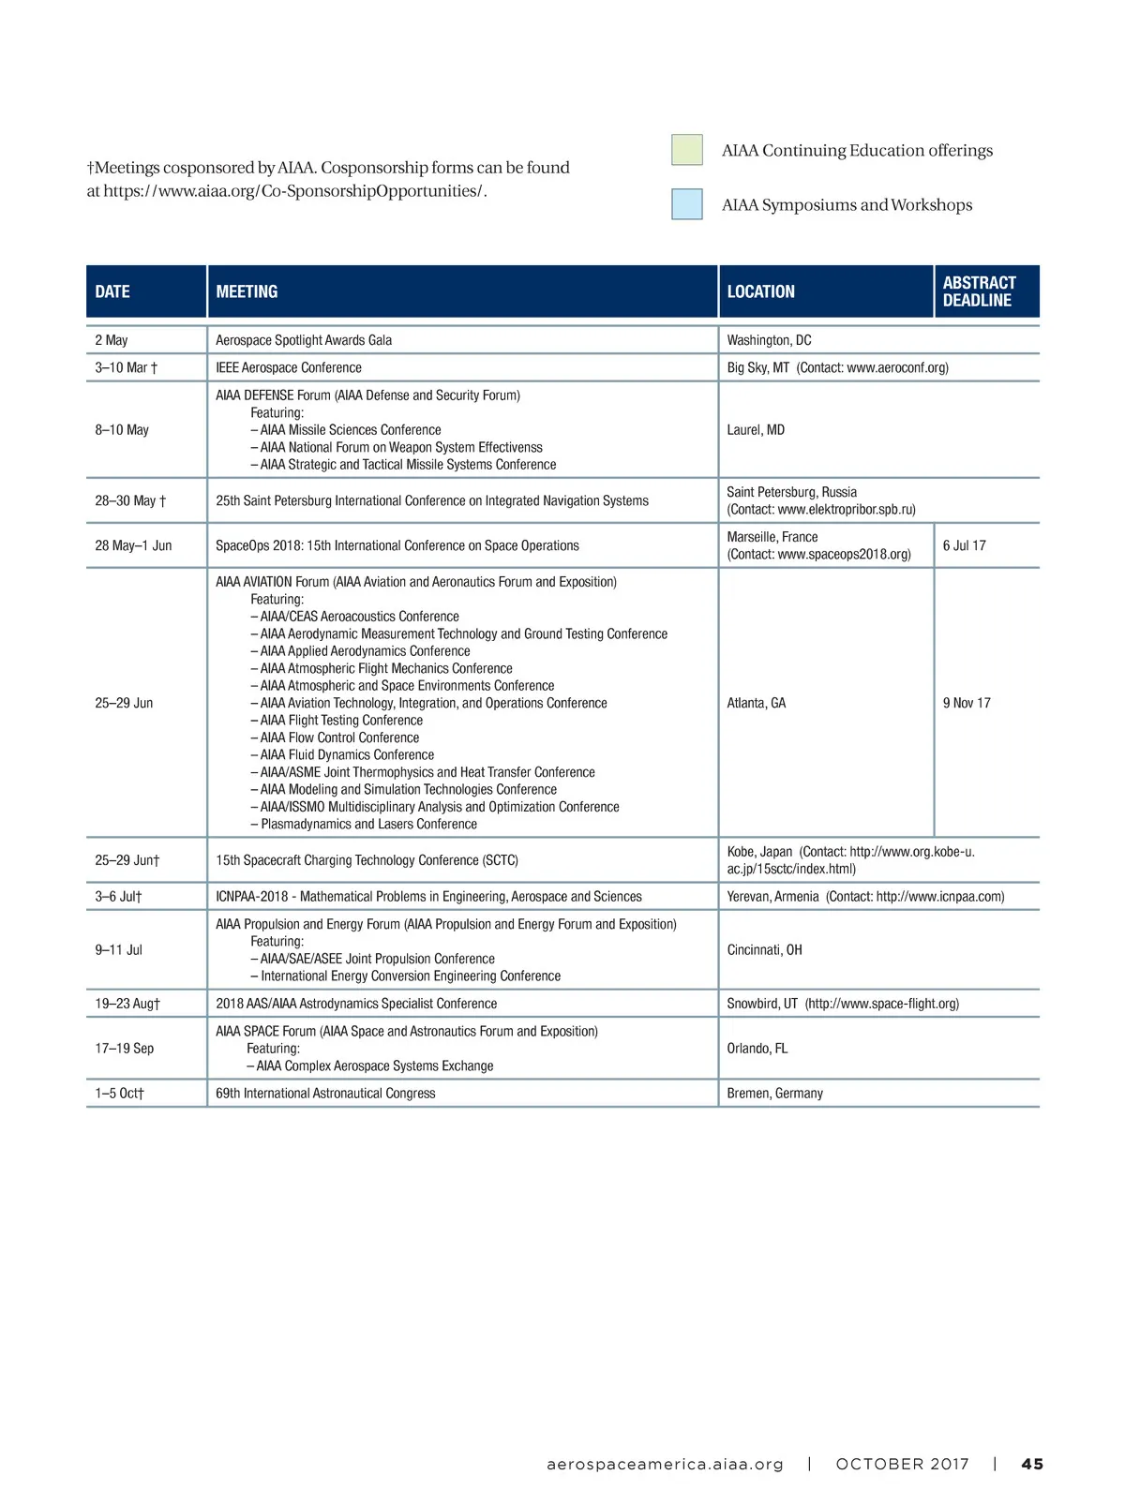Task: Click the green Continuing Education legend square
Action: click(x=686, y=150)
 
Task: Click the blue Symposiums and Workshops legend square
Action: click(x=686, y=204)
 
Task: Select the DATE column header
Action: click(x=112, y=291)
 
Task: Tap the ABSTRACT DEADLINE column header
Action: click(x=979, y=291)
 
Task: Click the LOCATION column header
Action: click(x=760, y=291)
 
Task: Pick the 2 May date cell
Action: click(x=112, y=340)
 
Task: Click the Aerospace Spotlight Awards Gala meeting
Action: click(x=304, y=340)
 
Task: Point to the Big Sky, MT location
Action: click(x=757, y=367)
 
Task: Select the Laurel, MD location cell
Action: click(x=756, y=430)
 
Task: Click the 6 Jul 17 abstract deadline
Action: click(x=965, y=545)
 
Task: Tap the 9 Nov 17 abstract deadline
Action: click(x=967, y=703)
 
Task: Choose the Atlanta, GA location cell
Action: click(x=757, y=703)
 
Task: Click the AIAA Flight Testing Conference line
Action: click(x=341, y=721)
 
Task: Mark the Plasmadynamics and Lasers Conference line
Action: click(x=368, y=825)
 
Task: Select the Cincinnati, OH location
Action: click(x=764, y=950)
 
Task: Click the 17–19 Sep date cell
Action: click(x=124, y=1049)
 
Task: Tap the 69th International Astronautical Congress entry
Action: click(x=325, y=1094)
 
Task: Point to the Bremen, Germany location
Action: click(x=774, y=1094)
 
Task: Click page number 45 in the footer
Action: click(x=1032, y=1464)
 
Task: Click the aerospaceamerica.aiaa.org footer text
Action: click(x=665, y=1464)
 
